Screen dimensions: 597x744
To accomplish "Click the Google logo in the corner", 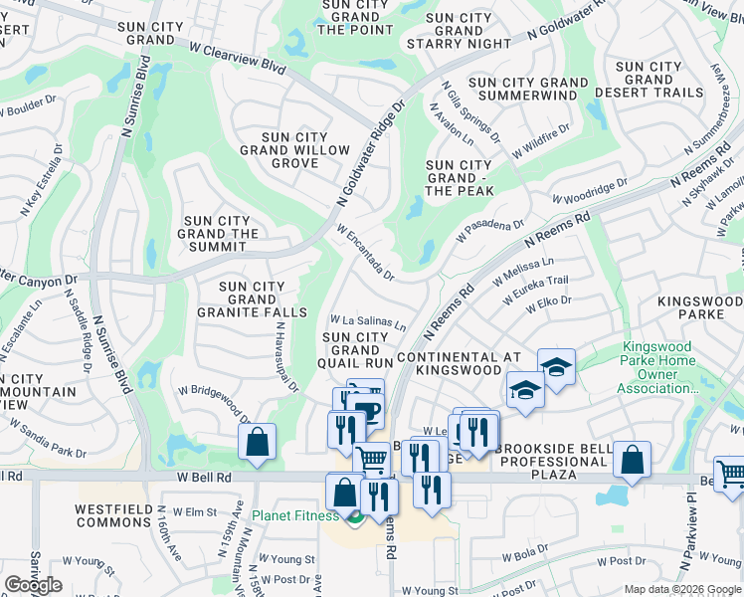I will (x=33, y=585).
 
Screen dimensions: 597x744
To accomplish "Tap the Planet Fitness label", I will (x=294, y=515).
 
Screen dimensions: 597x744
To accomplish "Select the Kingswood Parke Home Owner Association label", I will (x=656, y=367).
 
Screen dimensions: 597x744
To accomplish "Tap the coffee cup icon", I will (x=367, y=411).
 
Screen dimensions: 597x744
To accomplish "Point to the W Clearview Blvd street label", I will (x=236, y=61).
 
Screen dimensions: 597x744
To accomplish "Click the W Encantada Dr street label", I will (x=366, y=252).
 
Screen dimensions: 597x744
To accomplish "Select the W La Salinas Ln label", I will (x=368, y=322).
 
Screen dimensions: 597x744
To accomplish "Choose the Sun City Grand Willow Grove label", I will (x=294, y=150).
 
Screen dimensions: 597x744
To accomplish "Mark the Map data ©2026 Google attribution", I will (x=682, y=589).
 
